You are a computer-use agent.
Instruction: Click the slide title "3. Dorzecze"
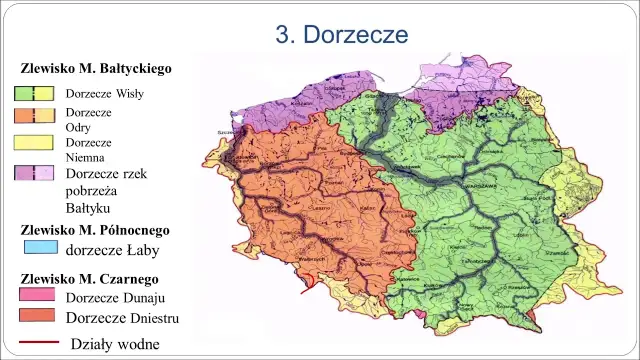[342, 34]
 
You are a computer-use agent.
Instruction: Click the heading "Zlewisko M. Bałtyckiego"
[96, 70]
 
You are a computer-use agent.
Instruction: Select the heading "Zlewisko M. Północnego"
[95, 229]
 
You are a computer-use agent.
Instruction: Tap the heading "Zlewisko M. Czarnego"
[89, 278]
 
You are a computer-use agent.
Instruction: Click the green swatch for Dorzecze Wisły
[33, 94]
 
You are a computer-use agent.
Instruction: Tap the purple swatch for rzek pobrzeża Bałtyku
[33, 173]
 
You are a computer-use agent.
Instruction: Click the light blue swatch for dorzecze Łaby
[39, 248]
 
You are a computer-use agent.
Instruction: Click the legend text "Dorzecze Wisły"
[104, 94]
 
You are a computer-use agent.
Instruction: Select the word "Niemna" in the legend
[85, 158]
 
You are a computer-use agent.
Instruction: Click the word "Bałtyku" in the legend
[88, 207]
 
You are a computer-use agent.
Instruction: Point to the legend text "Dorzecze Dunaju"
[115, 298]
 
